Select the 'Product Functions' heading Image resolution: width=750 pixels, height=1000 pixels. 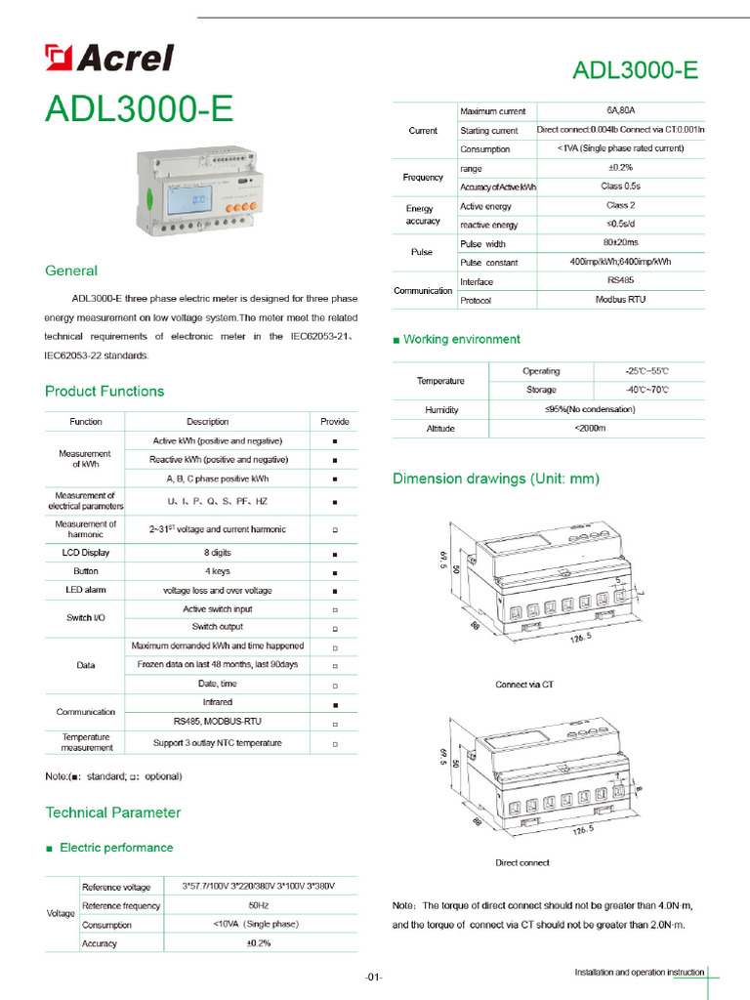[104, 392]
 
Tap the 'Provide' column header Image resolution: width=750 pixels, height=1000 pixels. [334, 422]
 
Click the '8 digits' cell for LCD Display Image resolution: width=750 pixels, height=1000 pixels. [218, 553]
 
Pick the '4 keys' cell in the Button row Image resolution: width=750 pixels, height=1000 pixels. [218, 571]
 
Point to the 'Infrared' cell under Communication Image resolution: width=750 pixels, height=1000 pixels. [218, 702]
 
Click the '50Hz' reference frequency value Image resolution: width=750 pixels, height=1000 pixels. [259, 905]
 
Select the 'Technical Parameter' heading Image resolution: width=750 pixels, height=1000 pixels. [112, 812]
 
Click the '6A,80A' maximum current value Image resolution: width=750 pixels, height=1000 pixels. [620, 111]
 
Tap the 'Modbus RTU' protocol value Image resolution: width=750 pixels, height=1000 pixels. [620, 300]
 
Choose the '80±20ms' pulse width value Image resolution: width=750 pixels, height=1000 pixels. [620, 243]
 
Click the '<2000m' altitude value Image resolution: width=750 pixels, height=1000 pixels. [590, 429]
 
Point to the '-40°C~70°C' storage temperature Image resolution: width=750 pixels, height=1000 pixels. [647, 390]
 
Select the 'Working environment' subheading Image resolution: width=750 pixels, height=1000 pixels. [462, 340]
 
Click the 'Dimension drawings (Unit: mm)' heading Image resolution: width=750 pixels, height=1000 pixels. [496, 479]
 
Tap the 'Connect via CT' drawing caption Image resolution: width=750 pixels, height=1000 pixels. [524, 685]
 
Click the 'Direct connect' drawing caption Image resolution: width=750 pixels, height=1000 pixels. [522, 862]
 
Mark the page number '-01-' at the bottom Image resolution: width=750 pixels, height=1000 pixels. [374, 977]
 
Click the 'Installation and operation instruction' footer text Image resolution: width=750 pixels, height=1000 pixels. [640, 973]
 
